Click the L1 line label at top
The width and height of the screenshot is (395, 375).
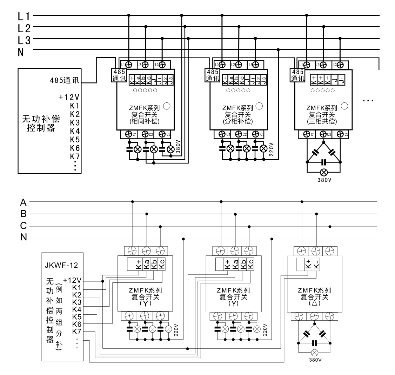(x=25, y=16)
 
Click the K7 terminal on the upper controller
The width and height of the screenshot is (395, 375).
(x=75, y=156)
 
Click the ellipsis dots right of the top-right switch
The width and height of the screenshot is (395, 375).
(x=368, y=101)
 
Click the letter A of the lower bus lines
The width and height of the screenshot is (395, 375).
(x=24, y=202)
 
